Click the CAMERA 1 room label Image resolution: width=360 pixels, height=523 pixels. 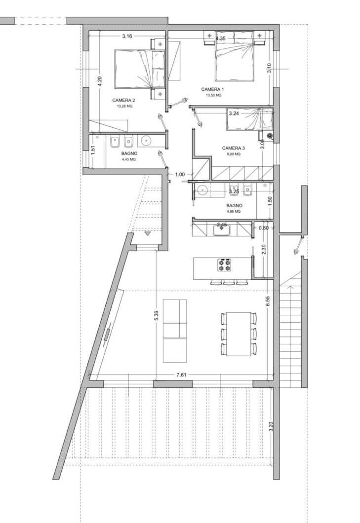[212, 89]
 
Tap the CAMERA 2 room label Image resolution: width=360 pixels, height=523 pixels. [123, 100]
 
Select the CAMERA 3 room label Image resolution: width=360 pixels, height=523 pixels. [233, 148]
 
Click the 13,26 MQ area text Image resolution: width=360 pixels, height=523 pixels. [124, 106]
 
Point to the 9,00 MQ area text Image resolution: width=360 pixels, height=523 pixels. [233, 154]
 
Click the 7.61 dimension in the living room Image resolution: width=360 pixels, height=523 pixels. [181, 374]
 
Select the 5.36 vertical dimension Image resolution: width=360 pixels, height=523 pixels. [156, 316]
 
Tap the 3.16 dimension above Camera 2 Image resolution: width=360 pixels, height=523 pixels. [127, 37]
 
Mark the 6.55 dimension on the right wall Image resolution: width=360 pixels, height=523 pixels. [267, 301]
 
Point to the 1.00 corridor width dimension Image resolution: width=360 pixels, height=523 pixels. [180, 174]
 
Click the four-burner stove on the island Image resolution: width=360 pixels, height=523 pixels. [224, 265]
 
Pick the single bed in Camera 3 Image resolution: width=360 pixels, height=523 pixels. [249, 119]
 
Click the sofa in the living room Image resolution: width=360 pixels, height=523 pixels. [175, 324]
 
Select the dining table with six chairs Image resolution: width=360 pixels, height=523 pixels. [239, 334]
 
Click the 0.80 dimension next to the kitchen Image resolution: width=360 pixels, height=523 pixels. [264, 227]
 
